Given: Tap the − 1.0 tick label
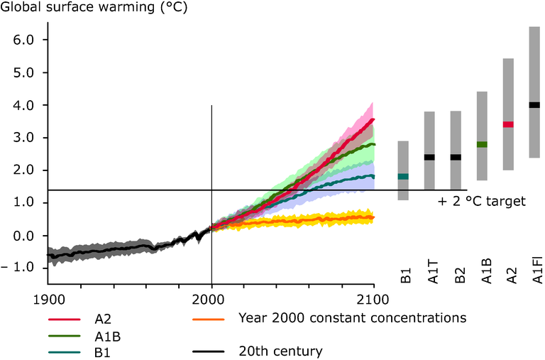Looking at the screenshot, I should (x=18, y=267).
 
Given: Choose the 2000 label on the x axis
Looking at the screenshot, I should (x=211, y=298).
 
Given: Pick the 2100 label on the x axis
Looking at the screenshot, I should (x=373, y=298).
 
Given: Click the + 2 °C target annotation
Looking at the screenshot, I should (x=481, y=201).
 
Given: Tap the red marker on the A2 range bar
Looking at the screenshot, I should (x=508, y=124).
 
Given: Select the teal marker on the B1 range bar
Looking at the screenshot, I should (x=403, y=176).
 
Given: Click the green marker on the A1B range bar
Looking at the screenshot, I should (x=482, y=144).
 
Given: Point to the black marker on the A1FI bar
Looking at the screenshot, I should (x=534, y=105).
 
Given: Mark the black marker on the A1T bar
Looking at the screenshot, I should (x=429, y=157).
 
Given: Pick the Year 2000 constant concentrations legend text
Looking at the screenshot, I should (x=353, y=317).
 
